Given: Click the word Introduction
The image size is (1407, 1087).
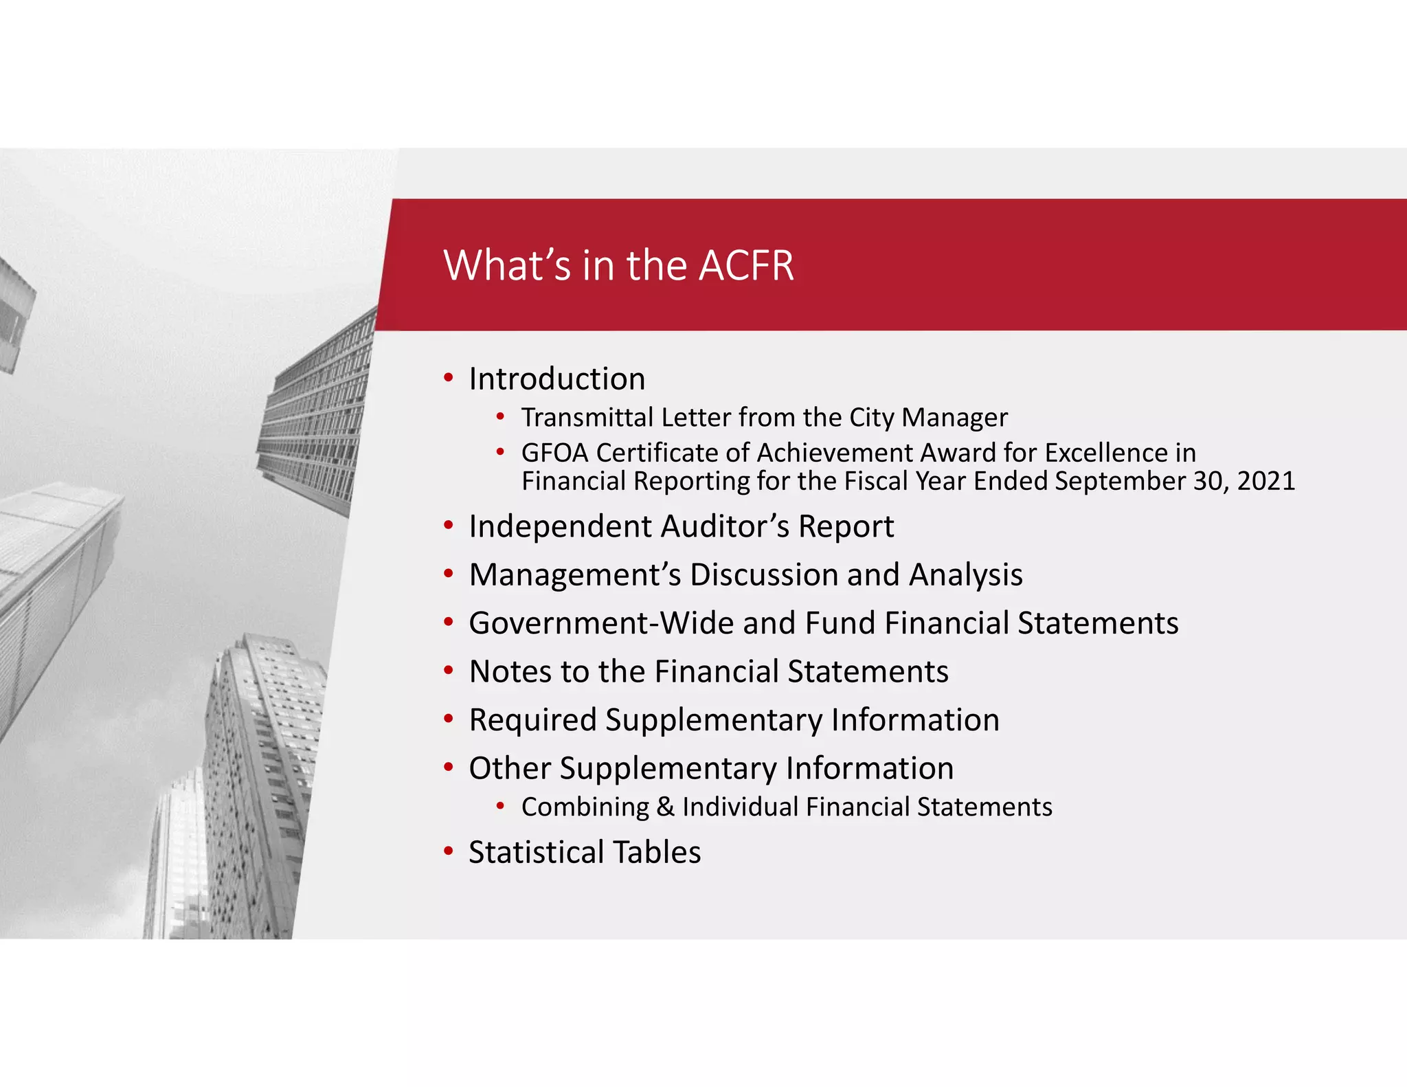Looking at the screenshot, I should [556, 379].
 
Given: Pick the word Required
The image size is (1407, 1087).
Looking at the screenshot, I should [532, 720].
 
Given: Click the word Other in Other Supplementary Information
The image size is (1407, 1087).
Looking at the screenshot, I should [509, 768].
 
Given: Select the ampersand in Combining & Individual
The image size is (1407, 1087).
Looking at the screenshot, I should [665, 807].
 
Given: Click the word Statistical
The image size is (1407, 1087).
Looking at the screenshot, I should [536, 853].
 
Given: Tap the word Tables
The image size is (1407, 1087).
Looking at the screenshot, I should [657, 853].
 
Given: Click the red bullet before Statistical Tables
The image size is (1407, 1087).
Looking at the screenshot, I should [449, 852].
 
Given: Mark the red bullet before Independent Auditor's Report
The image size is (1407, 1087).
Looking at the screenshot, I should [449, 526].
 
